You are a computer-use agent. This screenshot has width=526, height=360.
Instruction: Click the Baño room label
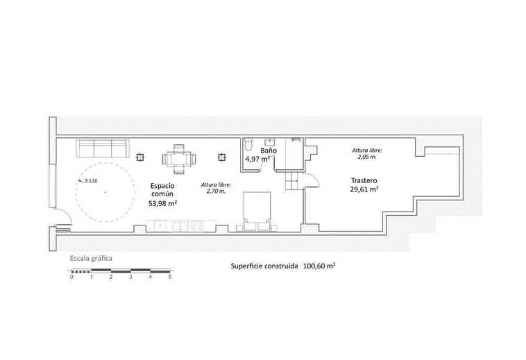(269, 151)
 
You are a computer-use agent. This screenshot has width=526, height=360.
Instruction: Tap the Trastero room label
(364, 180)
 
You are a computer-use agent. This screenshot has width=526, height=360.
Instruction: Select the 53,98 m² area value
(162, 203)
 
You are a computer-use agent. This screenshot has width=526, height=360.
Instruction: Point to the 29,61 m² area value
(364, 189)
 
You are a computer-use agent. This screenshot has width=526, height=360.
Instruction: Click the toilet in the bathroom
(248, 144)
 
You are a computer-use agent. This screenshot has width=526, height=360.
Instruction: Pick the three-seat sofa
(103, 148)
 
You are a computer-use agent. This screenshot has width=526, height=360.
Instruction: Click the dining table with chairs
(179, 159)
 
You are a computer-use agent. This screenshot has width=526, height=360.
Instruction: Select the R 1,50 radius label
(91, 180)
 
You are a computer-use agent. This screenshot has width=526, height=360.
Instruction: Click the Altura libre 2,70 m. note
(216, 188)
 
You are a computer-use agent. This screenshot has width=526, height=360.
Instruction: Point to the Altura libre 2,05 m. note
(367, 153)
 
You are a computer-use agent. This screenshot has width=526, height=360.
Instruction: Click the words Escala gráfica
(91, 259)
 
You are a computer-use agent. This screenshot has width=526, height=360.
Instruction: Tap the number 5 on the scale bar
(170, 277)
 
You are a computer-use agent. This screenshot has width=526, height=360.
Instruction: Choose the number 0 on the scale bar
(71, 277)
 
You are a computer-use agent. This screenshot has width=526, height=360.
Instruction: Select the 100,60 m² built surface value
(320, 266)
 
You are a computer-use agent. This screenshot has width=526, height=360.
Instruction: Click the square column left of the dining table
(140, 157)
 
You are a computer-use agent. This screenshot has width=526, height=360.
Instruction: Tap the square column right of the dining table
(221, 157)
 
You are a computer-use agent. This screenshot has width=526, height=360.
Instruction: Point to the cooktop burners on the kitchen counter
(197, 226)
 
